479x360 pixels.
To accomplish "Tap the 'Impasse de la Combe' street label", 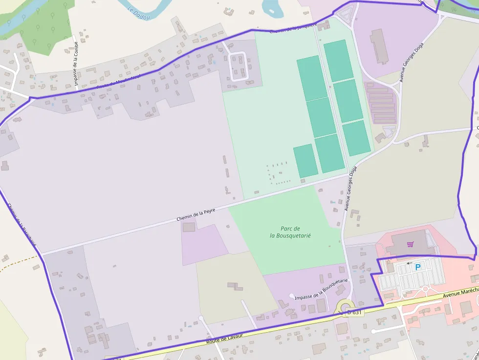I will (x=76, y=64).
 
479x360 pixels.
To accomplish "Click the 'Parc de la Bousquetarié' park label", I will (x=290, y=232).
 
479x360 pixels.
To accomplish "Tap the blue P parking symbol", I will (x=417, y=267).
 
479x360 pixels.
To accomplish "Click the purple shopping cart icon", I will (x=411, y=244).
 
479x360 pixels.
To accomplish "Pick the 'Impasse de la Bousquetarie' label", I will (x=321, y=289).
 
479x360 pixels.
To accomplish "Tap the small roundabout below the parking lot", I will (x=425, y=289).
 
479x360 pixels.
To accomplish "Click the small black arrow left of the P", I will (x=409, y=263).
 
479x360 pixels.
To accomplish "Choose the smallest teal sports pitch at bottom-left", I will (x=305, y=161).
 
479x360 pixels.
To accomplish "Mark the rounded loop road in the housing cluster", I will (x=239, y=66).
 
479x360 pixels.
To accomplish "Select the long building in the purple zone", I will (x=379, y=47).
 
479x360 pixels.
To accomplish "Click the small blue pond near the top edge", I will (x=270, y=6).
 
